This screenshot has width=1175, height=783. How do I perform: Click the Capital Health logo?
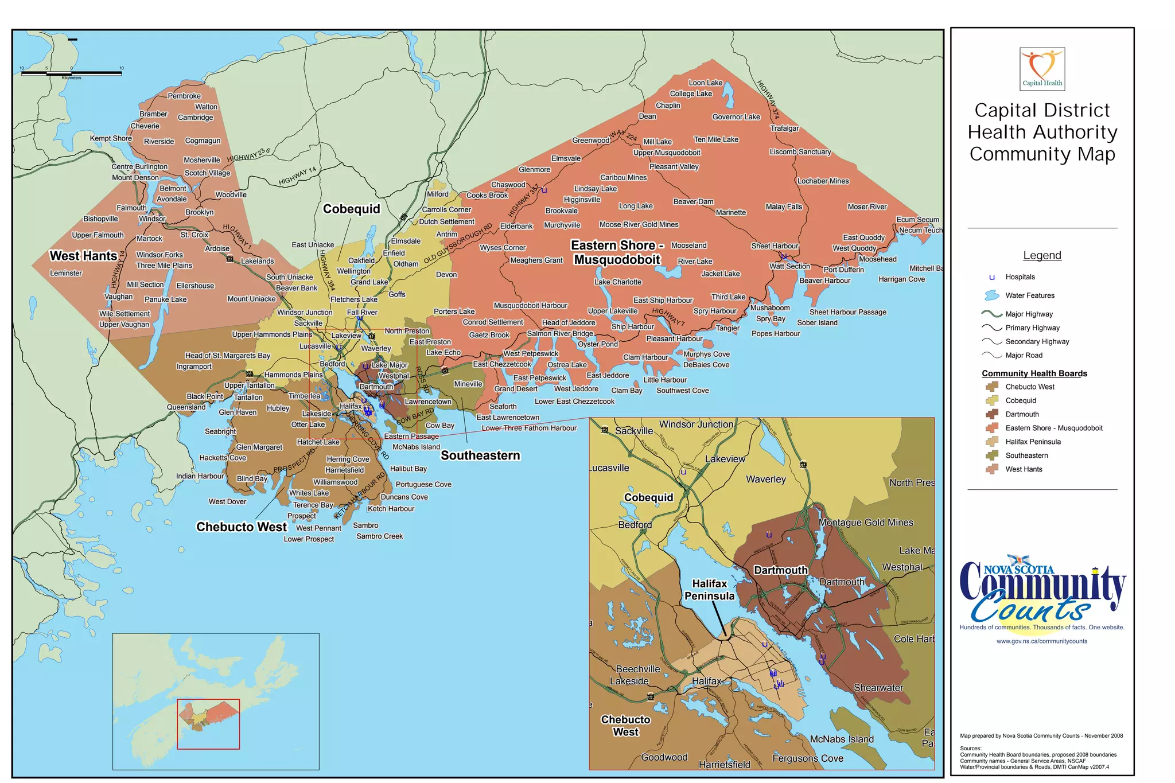point(1042,69)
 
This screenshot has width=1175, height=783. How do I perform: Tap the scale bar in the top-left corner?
point(71,73)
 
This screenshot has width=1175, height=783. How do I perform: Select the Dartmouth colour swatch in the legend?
point(992,414)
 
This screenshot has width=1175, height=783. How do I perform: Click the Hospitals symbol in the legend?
point(991,277)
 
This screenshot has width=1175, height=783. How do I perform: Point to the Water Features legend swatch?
point(991,295)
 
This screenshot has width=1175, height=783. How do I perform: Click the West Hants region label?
point(83,256)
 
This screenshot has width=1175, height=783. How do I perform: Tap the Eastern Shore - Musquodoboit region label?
point(617,252)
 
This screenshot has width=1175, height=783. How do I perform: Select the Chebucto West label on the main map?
point(242,527)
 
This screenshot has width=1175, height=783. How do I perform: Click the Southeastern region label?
point(480,455)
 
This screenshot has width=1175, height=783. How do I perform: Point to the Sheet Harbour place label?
point(775,246)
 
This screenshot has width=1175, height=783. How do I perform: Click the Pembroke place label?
point(184,96)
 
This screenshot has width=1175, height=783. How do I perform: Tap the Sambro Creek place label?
point(379,536)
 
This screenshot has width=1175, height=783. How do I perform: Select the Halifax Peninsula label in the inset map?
point(709,590)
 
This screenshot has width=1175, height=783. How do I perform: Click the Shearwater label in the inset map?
point(878,688)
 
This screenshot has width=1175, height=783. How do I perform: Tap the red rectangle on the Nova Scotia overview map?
point(208,724)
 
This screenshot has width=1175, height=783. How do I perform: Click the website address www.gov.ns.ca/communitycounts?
point(1041,641)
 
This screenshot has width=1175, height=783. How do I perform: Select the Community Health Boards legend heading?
point(1034,373)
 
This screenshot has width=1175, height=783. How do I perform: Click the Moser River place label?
point(867,207)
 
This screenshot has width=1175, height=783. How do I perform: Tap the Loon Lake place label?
point(705,83)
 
